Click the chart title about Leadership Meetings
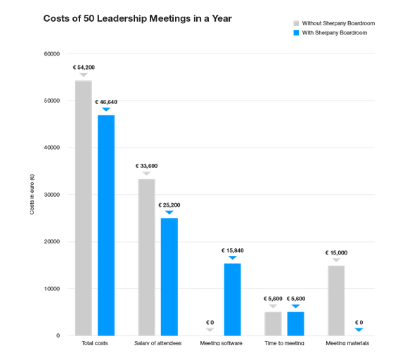[138, 19]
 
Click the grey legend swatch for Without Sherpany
[296, 23]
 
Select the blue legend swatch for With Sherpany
[296, 33]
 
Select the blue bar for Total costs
[105, 224]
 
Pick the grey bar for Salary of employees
[146, 257]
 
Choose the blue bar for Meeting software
[232, 298]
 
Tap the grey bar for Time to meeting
[273, 323]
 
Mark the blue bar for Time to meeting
[295, 323]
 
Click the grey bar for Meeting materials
[336, 300]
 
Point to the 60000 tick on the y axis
[51, 54]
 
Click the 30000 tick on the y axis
[51, 195]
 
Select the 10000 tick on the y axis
[51, 288]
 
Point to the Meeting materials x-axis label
[347, 344]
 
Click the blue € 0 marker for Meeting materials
[359, 328]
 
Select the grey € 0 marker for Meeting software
[210, 328]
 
